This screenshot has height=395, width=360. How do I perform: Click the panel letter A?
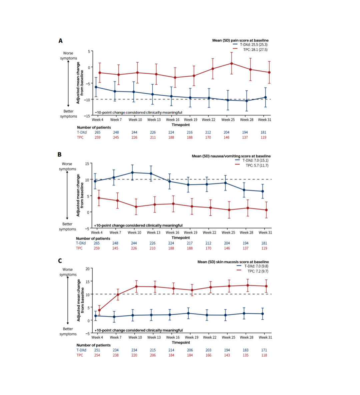coord(60,41)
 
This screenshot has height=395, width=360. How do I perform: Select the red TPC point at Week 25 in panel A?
coord(231,63)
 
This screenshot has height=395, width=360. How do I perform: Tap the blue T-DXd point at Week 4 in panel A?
coord(96,87)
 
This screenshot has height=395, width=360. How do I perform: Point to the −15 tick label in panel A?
coord(86,116)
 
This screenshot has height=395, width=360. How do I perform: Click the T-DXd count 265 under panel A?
coord(97,132)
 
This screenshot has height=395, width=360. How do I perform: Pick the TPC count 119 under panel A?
coord(263,137)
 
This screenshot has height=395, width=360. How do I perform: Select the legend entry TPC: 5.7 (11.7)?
coord(257,166)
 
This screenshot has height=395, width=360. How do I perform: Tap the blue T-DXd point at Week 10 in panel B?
coord(133,173)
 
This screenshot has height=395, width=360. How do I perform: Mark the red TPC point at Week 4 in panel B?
coord(99,198)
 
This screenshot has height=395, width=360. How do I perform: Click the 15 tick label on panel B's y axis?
coord(87,164)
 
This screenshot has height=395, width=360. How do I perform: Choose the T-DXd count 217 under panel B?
coord(190,243)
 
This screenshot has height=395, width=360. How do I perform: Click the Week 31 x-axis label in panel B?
coord(265,232)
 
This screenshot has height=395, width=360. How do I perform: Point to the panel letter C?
coord(60,261)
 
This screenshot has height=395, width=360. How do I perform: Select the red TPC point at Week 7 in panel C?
coord(118,294)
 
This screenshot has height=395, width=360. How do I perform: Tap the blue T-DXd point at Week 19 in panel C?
coord(188,313)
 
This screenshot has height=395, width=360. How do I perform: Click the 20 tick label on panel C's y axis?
coord(87,269)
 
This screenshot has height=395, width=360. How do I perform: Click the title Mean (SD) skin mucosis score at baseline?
coord(233,262)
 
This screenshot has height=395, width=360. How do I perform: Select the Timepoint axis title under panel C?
coord(181,342)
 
